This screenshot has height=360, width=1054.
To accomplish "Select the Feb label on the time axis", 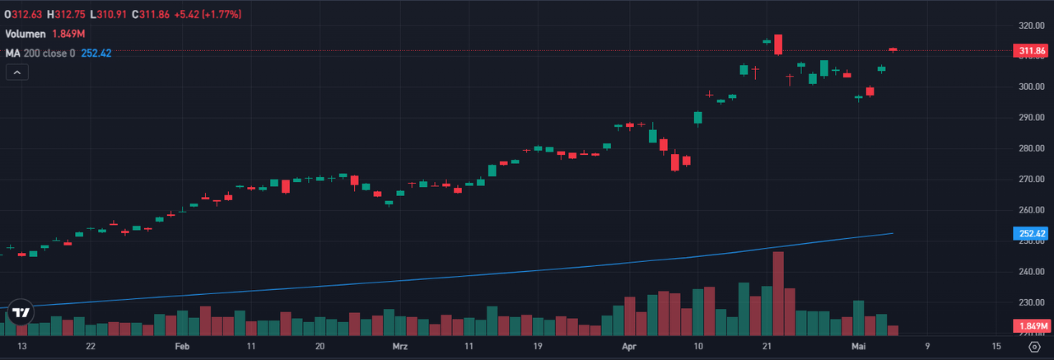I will coord(183,347).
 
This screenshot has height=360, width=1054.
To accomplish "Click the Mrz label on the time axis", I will coord(400,347).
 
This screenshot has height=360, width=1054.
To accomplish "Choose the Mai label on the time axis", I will coord(858,347).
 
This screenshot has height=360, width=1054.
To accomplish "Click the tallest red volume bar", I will coord(778,293).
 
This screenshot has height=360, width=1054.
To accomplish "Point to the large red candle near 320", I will coord(778,44).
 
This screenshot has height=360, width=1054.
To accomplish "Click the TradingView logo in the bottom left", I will coord(21,313).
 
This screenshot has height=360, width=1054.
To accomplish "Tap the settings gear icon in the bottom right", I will coord(1034,347).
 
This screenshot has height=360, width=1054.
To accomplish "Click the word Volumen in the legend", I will coord(26,34).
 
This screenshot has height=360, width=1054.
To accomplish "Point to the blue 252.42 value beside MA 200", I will coord(96,53).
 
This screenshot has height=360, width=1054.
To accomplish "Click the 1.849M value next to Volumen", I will coord(70,34).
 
